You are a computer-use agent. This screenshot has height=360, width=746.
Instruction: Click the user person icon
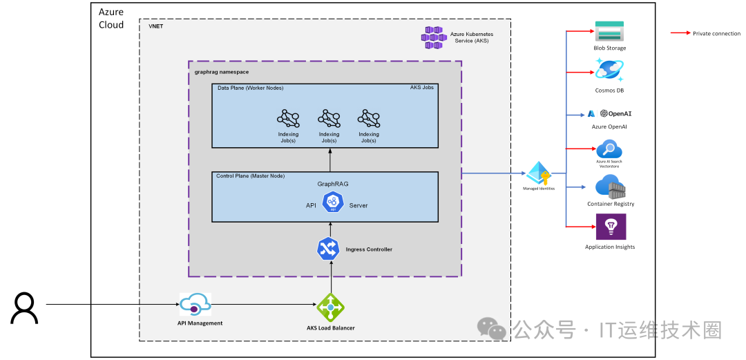(x=24, y=308)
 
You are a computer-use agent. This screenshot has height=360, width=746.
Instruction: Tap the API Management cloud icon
(x=195, y=305)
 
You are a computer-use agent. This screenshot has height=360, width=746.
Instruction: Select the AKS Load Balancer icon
(x=330, y=307)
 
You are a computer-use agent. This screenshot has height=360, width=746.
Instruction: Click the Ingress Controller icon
(x=327, y=249)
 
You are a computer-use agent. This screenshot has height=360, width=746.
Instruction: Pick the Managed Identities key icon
(x=539, y=173)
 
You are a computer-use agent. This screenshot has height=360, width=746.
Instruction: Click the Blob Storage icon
(x=609, y=32)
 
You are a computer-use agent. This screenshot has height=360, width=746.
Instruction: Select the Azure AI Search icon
(x=609, y=149)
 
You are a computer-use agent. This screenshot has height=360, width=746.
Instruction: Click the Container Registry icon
(x=609, y=187)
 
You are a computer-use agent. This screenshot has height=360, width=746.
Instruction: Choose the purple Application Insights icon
(x=610, y=227)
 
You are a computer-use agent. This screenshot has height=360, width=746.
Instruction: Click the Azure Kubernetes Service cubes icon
(x=434, y=37)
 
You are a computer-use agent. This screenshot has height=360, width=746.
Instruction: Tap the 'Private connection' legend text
(x=716, y=33)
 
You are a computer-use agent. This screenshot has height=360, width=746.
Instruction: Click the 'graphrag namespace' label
(x=221, y=72)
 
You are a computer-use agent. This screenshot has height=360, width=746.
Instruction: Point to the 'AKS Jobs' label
(x=422, y=88)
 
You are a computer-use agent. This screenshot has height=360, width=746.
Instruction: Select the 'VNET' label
(x=155, y=26)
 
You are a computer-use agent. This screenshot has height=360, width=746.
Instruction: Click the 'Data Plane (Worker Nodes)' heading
(x=250, y=88)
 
